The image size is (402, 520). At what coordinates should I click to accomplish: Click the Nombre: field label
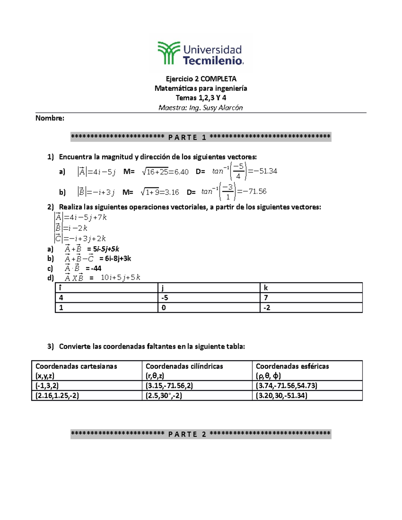50,118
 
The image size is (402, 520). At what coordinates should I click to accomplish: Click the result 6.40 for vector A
181,172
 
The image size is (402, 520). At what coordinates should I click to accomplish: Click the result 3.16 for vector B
172,193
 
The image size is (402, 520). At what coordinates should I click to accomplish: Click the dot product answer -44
96,269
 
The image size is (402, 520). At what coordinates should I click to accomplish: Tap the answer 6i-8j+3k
118,259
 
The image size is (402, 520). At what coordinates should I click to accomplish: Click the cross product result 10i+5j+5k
120,278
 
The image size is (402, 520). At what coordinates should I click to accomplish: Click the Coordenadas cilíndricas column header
184,366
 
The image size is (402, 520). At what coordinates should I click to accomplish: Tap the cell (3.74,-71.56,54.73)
286,386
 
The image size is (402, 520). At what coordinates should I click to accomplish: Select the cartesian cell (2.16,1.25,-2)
57,396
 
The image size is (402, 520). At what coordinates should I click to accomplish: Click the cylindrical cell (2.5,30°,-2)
164,396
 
